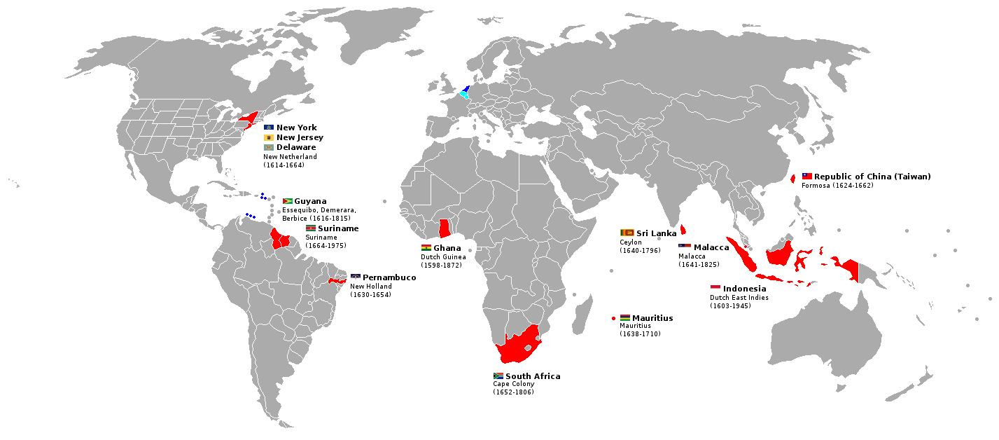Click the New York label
[x=296, y=128]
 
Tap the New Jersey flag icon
[x=268, y=138]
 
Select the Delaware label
[x=296, y=148]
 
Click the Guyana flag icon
[x=287, y=202]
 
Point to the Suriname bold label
[x=338, y=229]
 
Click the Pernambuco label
[x=389, y=278]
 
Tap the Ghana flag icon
[x=426, y=248]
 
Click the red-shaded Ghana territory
[x=444, y=228]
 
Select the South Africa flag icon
[x=498, y=376]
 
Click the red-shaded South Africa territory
[x=518, y=343]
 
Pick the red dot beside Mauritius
[x=613, y=318]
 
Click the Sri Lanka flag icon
[x=626, y=233]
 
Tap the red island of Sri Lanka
[x=683, y=229]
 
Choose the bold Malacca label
[x=711, y=247]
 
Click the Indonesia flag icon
[x=715, y=289]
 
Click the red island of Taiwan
[x=792, y=179]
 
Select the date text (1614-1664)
[x=284, y=165]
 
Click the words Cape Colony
[x=513, y=384]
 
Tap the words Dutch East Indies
[x=739, y=298]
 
